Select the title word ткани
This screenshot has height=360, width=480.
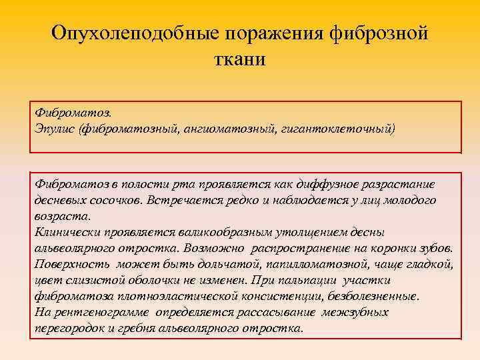point(240,59)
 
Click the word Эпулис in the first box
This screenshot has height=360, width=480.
point(55,127)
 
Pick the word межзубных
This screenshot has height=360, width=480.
point(356,312)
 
